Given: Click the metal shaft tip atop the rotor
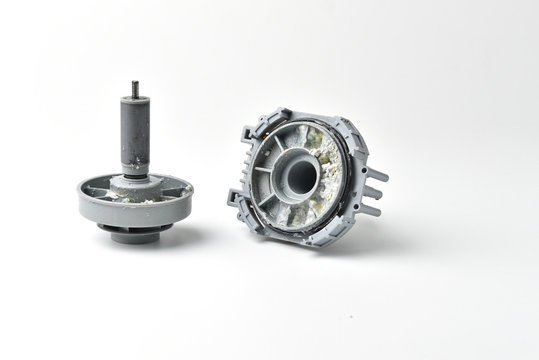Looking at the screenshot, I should point(134,88).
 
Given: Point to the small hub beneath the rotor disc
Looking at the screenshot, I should point(135,235).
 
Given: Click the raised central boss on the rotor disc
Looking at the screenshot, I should point(135,183).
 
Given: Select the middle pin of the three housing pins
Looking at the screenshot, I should point(375,193).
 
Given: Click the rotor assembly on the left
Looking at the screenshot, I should point(135,180).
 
